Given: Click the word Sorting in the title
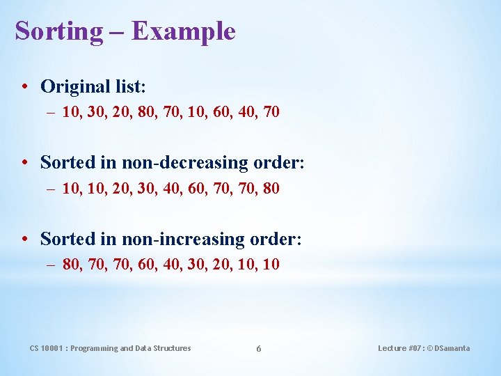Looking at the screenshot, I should click(58, 31).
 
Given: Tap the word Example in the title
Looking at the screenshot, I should click(184, 31).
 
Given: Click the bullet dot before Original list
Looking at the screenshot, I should click(24, 86).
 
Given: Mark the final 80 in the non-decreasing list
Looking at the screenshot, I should click(270, 188).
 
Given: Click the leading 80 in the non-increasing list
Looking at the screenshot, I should click(70, 265).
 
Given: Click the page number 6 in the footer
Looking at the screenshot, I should click(258, 348).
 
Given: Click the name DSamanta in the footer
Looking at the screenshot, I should click(452, 348).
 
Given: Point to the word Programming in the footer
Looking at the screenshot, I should click(95, 348).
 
